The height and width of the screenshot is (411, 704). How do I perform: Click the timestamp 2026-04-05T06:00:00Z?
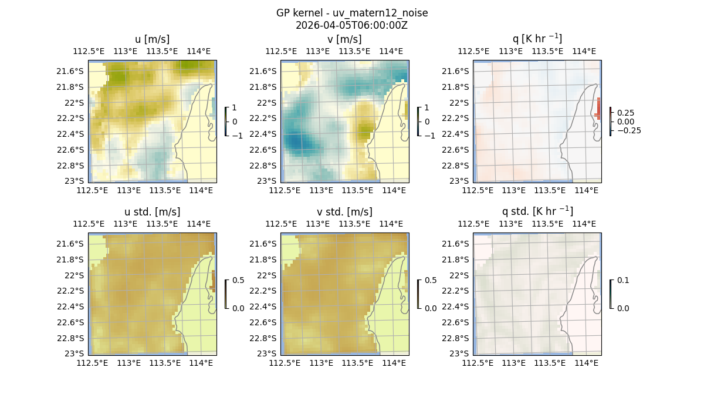click(351, 25)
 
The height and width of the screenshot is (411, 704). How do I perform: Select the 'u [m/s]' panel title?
click(152, 39)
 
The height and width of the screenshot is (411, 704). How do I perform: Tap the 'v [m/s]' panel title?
click(344, 39)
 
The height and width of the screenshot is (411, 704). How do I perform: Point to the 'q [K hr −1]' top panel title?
click(537, 39)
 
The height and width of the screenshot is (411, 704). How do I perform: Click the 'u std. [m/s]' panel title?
click(152, 212)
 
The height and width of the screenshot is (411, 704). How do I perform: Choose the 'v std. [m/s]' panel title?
click(344, 212)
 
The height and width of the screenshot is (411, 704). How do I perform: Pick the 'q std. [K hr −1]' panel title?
click(537, 211)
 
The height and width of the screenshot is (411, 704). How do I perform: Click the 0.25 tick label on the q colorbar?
click(626, 113)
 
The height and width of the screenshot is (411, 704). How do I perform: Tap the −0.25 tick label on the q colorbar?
click(628, 130)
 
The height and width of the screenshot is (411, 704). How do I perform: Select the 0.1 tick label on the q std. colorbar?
click(622, 280)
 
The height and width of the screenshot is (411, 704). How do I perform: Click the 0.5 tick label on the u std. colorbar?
click(238, 280)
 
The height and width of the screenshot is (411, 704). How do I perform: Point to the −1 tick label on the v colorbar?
click(430, 136)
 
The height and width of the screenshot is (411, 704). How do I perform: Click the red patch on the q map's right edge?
click(598, 109)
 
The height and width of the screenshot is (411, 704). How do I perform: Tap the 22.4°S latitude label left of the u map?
click(69, 134)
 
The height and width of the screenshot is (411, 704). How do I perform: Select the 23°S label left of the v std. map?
click(266, 353)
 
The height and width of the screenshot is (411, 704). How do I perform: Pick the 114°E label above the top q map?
click(585, 51)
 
